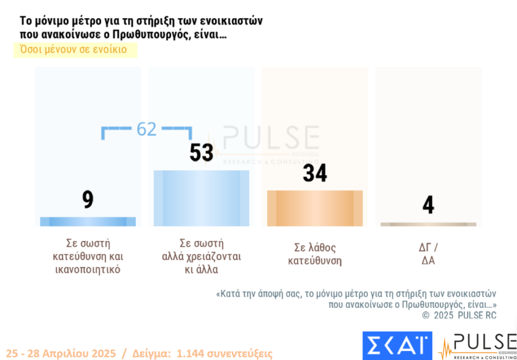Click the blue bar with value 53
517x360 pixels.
pyautogui.click(x=201, y=198)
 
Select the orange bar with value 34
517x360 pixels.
pyautogui.click(x=315, y=208)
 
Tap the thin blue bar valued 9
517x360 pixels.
pyautogui.click(x=88, y=221)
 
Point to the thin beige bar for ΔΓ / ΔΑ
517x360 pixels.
pyautogui.click(x=428, y=224)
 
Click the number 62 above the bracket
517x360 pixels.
pyautogui.click(x=146, y=129)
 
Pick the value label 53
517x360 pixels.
pyautogui.click(x=201, y=153)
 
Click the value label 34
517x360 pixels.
pyautogui.click(x=315, y=173)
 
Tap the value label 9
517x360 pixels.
pyautogui.click(x=88, y=200)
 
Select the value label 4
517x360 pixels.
pyautogui.click(x=428, y=205)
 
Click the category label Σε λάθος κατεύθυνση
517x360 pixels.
pyautogui.click(x=315, y=254)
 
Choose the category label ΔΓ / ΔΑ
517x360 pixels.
pyautogui.click(x=428, y=254)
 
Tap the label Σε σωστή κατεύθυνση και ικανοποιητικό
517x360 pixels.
pyautogui.click(x=88, y=256)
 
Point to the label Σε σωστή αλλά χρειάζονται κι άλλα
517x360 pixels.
pyautogui.click(x=201, y=256)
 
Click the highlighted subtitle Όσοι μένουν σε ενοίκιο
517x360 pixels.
pyautogui.click(x=73, y=49)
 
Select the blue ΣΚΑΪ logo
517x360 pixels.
pyautogui.click(x=397, y=345)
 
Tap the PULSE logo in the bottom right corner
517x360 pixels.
pyautogui.click(x=478, y=346)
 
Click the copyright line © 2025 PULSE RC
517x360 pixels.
pyautogui.click(x=459, y=316)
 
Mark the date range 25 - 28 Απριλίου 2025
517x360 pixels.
pyautogui.click(x=61, y=353)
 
